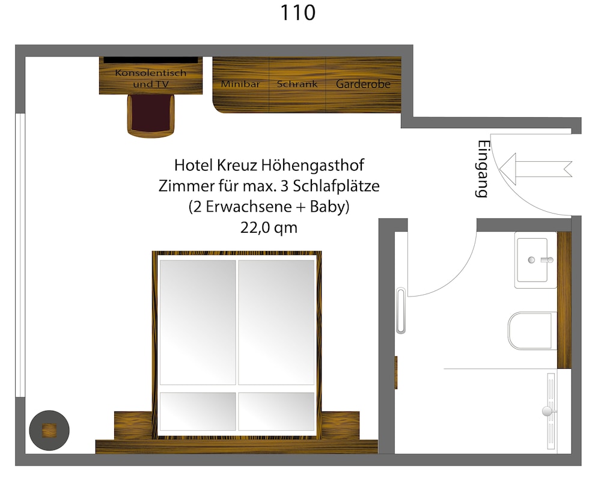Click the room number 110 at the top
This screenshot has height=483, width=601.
(x=298, y=13)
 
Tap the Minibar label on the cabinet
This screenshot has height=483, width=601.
(x=240, y=84)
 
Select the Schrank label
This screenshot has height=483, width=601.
(x=297, y=84)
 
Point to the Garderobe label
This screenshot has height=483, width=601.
(x=363, y=84)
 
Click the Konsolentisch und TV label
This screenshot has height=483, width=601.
(x=151, y=78)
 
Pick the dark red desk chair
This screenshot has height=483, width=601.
(x=151, y=115)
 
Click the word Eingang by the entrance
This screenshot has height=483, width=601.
(x=483, y=169)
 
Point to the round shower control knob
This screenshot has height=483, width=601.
(x=548, y=411)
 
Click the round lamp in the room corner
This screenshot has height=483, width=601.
(x=49, y=431)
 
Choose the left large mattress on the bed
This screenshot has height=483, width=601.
(x=198, y=322)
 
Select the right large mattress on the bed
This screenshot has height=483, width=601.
(x=276, y=322)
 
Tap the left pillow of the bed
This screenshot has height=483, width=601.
(x=198, y=411)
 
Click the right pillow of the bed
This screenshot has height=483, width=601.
(x=276, y=411)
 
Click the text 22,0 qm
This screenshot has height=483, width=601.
(x=269, y=228)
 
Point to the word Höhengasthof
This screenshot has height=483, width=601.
(x=313, y=165)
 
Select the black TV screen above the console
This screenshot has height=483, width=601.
(x=151, y=60)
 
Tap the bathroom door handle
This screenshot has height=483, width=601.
(x=401, y=310)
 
